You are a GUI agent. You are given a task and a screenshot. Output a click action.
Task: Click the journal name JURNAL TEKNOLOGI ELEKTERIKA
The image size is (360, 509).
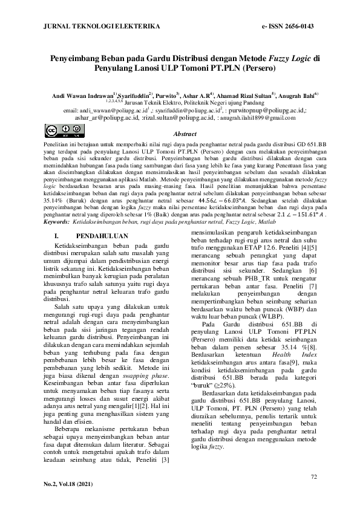coord(102,27)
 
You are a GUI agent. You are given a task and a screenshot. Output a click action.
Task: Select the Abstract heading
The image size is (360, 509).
coord(186,134)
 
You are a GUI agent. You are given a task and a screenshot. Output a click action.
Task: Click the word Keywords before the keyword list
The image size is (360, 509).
coord(56,222)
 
